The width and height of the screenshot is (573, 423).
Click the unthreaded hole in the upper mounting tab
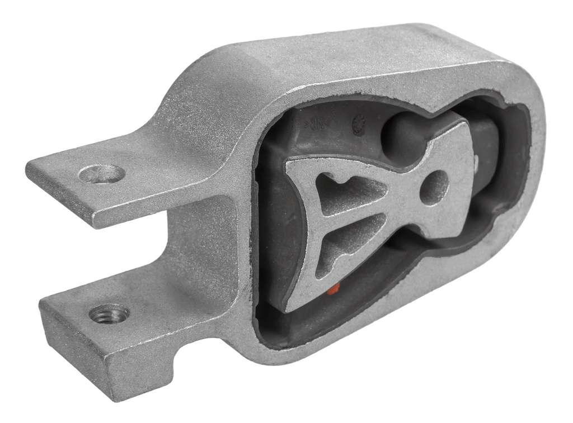[x=102, y=174]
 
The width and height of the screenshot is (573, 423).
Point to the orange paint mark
[x=334, y=288]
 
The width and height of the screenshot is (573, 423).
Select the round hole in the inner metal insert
[x=434, y=187]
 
